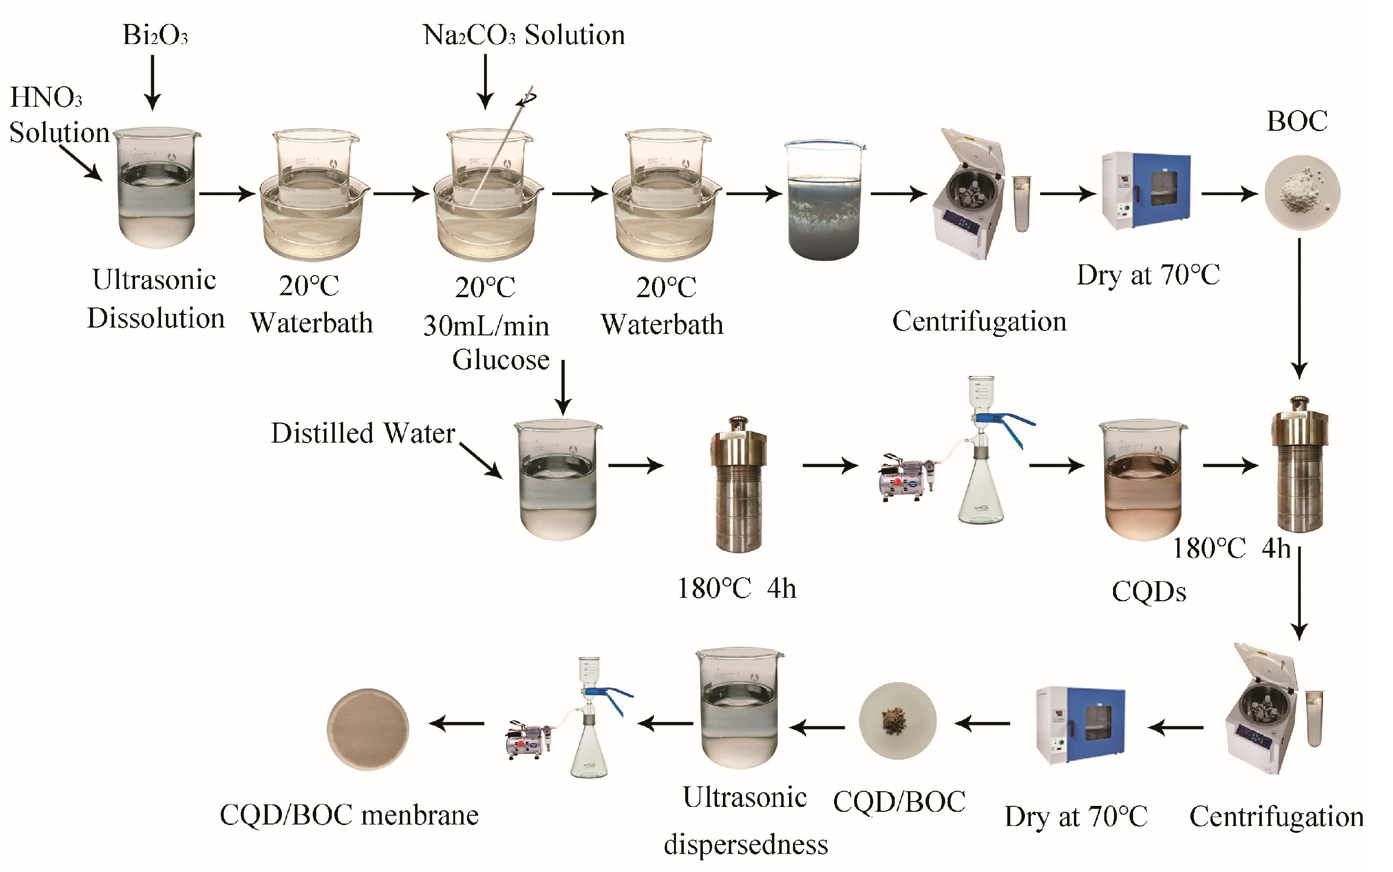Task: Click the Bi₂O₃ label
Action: [155, 35]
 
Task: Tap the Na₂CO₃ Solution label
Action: [524, 35]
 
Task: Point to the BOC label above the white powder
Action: [1297, 121]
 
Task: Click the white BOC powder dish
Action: [1302, 192]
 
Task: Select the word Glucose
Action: [500, 360]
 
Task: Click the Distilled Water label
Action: [363, 433]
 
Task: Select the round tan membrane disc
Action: [368, 729]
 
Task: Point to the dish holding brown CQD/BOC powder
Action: [897, 721]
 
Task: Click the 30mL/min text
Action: [486, 327]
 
